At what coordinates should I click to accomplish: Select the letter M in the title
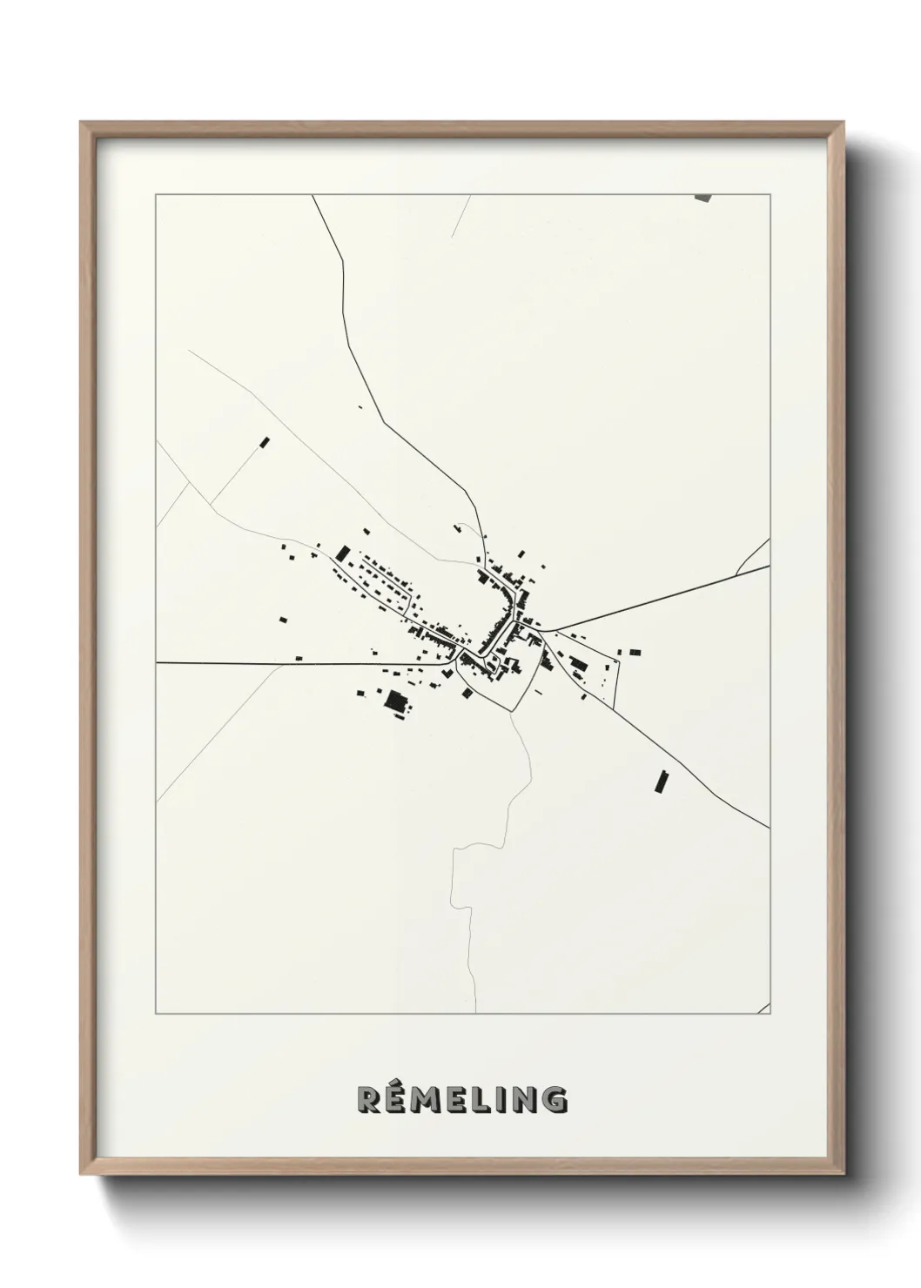[x=429, y=1099]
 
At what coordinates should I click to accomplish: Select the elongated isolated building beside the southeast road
[x=661, y=782]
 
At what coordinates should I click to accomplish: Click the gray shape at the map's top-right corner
[x=703, y=198]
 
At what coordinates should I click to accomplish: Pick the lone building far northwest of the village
[x=266, y=442]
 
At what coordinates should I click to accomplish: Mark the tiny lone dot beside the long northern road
[x=359, y=406]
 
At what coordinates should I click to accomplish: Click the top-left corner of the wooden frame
[x=83, y=124]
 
